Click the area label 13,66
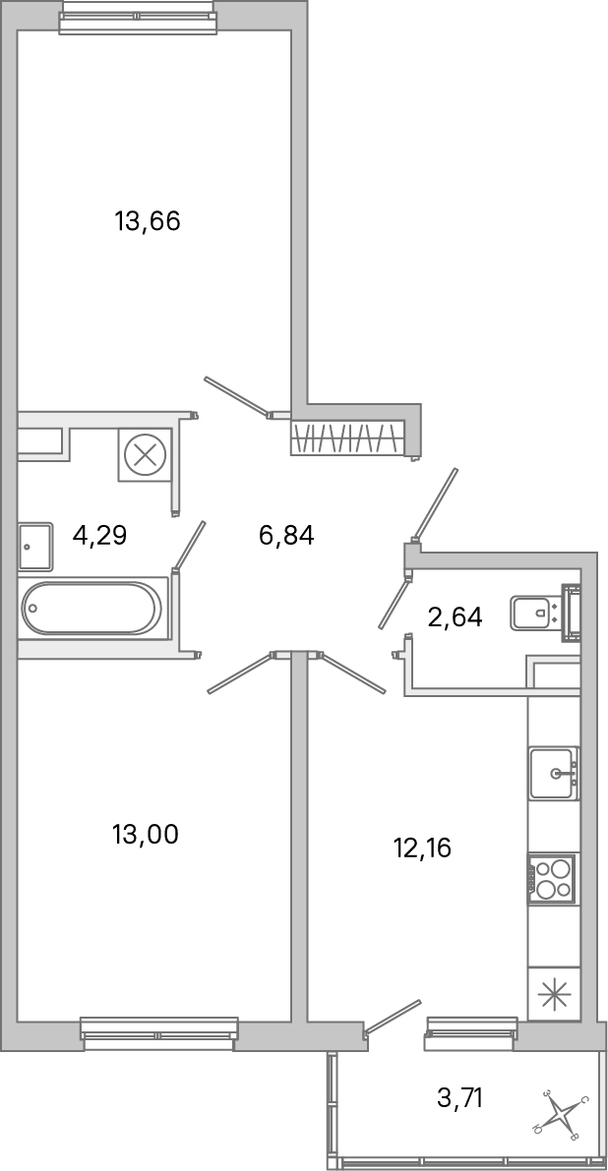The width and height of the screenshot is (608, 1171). [x=148, y=221]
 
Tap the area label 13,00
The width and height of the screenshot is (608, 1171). [x=146, y=835]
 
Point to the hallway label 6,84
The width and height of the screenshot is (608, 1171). [x=285, y=536]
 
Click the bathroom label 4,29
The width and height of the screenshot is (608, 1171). [x=100, y=536]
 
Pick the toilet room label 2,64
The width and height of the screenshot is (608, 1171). [x=455, y=617]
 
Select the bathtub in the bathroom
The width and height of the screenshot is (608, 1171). [x=91, y=609]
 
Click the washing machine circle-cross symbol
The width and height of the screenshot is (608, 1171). [x=145, y=455]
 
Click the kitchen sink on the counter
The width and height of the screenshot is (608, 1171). [x=553, y=773]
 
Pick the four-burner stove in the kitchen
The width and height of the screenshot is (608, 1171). [x=553, y=877]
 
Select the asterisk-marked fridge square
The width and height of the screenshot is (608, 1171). [x=553, y=994]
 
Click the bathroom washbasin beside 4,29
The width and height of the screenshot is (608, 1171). [x=34, y=546]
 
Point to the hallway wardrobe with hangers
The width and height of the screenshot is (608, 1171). [x=349, y=438]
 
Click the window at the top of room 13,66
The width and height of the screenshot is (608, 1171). [x=137, y=17]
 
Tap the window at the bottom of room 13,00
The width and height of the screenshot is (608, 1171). [x=159, y=1032]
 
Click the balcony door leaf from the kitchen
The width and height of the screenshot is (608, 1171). [x=394, y=1016]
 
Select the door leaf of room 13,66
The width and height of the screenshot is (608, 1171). [x=236, y=396]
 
